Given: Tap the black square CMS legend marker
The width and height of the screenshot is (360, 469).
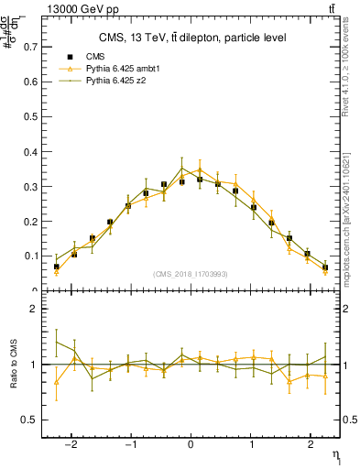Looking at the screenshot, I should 70,57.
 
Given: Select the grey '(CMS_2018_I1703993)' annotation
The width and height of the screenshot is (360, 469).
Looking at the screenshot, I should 191,274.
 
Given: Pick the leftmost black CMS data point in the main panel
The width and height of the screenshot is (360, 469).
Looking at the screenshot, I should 57,267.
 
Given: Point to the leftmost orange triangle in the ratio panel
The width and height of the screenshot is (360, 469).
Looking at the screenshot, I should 57,382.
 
